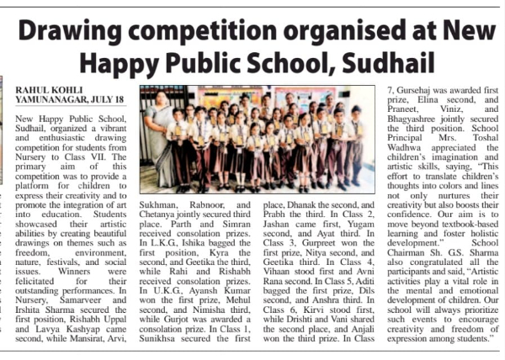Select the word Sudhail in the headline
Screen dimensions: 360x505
tap(396, 62)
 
